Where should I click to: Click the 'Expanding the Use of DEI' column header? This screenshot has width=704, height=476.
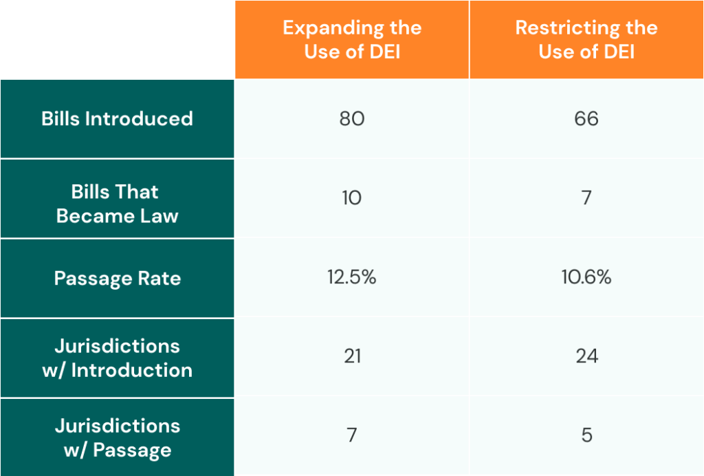point(352,40)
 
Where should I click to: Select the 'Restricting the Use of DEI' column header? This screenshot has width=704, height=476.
point(586,40)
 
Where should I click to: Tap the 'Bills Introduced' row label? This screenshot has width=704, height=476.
point(117,118)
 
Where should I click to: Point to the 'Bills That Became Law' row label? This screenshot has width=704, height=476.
point(117,204)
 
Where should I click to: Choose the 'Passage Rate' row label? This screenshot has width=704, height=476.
point(117,279)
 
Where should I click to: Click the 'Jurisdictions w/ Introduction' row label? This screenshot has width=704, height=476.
point(117,358)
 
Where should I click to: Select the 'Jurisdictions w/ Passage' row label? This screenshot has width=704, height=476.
point(117,437)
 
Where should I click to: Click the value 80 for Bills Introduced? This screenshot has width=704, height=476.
point(352,118)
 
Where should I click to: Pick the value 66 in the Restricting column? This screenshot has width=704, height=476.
point(586,118)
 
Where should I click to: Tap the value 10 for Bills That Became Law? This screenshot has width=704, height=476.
point(352,198)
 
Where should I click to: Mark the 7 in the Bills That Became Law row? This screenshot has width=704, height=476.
point(586,198)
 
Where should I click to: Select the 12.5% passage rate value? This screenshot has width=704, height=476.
point(352,278)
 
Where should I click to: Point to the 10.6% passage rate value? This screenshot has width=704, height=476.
point(586,278)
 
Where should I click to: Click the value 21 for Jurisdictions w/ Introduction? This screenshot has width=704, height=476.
point(352,356)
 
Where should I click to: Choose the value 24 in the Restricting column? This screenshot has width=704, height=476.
point(586,356)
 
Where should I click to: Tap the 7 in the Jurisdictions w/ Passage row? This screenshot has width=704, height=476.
point(352,435)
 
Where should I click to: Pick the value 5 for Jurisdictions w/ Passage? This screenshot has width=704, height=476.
point(586,435)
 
